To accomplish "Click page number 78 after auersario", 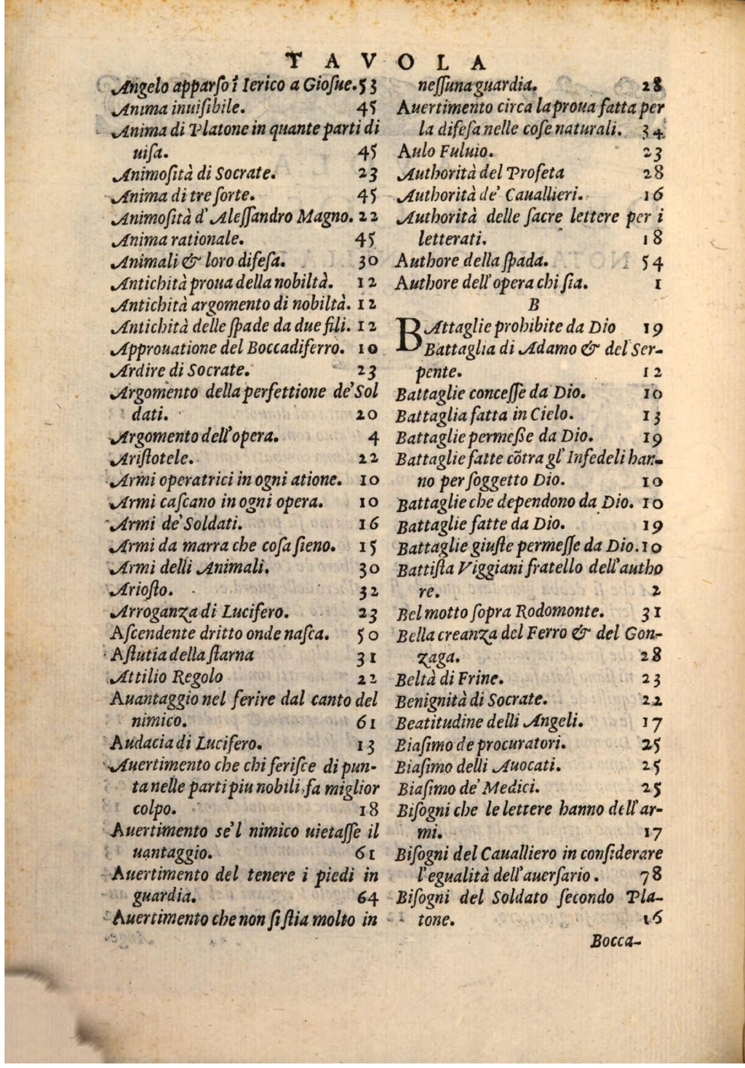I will (650, 875).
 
